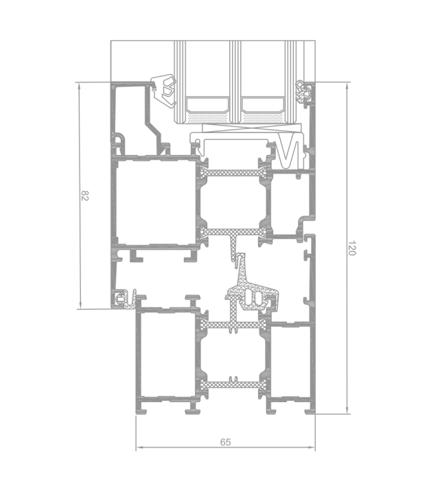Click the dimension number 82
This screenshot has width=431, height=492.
(85, 196)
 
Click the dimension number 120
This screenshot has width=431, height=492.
(351, 248)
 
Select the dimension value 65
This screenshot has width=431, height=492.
(225, 442)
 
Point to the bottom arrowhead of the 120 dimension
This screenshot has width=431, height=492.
(347, 410)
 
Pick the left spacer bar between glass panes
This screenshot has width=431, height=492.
(207, 105)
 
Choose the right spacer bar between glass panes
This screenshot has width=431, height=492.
(262, 105)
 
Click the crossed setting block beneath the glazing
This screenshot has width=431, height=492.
(252, 128)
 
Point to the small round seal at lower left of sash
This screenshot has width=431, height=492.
(120, 298)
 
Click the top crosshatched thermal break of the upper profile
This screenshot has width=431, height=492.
(233, 173)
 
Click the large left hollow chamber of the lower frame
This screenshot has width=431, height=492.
(167, 354)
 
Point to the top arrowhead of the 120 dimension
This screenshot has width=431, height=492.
(347, 87)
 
